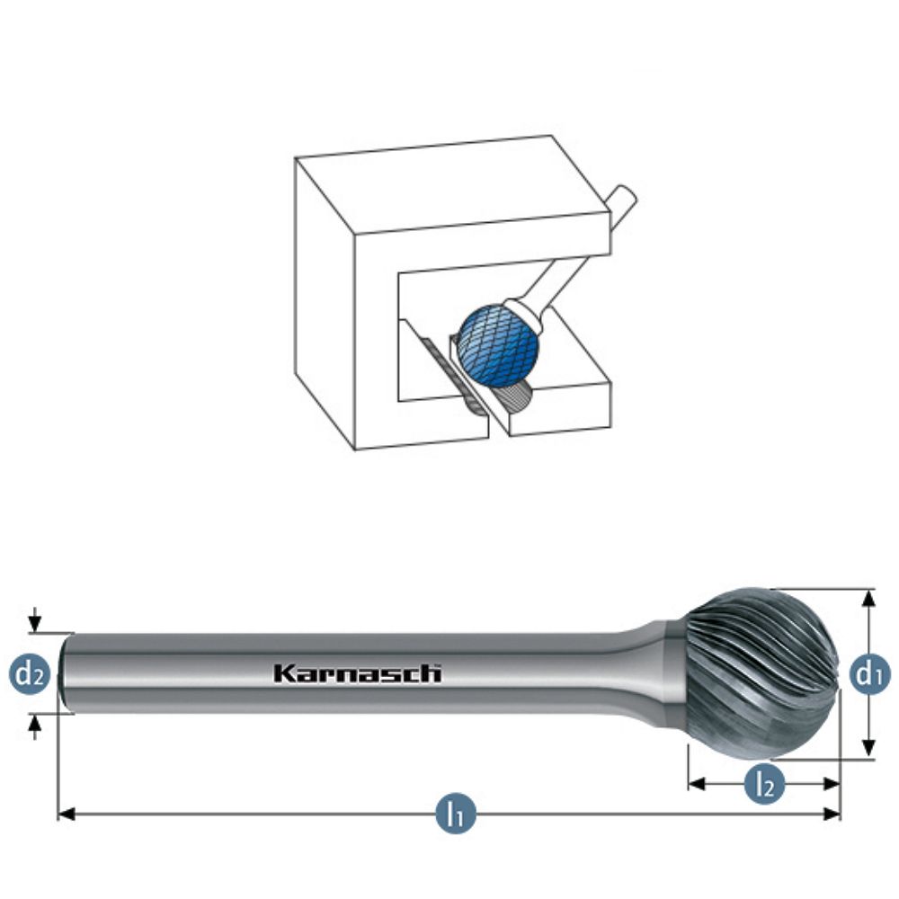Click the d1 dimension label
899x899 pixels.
coord(866,673)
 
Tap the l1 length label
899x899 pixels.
coord(456,814)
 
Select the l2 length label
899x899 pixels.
coord(764,784)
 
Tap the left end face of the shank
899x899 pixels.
coord(62,673)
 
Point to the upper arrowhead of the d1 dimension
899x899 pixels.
coord(868,598)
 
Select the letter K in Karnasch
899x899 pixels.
coord(280,672)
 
